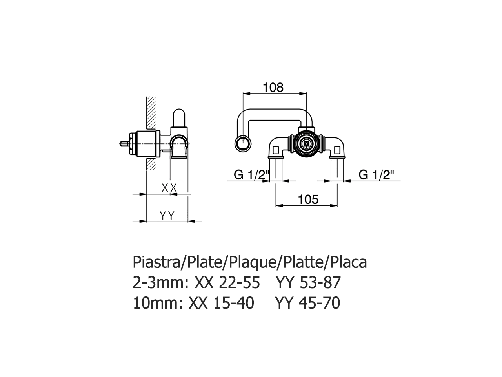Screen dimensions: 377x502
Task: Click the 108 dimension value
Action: [273, 87]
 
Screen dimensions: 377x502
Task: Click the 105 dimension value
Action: [308, 199]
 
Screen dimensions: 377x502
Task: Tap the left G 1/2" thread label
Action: [250, 175]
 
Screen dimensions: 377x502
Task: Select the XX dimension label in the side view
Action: [169, 188]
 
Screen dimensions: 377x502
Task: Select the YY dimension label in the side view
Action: [167, 216]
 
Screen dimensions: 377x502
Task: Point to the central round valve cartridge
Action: [306, 144]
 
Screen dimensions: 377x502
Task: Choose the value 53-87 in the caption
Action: [319, 283]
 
